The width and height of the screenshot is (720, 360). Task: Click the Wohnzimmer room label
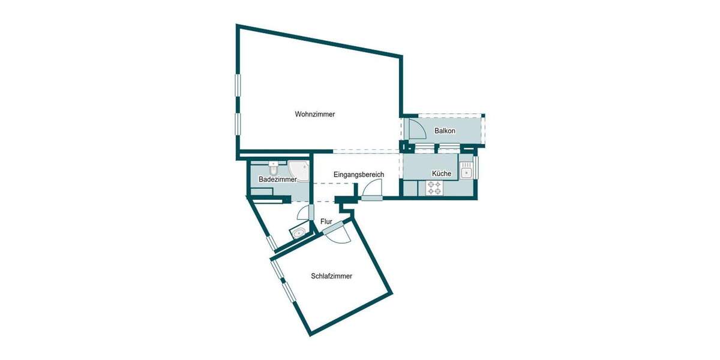[314, 114]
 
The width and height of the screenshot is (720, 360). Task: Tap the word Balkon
[445, 131]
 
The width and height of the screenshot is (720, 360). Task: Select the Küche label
[441, 173]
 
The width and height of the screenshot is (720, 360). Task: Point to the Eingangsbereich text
[359, 175]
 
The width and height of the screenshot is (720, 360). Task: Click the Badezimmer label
[278, 179]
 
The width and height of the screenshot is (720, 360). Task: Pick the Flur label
[326, 221]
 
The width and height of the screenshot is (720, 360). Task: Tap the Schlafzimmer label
[331, 277]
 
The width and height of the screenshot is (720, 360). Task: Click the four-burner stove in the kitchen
[434, 188]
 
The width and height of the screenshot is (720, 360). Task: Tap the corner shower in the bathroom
[299, 170]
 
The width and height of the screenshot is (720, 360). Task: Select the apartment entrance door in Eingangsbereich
[372, 191]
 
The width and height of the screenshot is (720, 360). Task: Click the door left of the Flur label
[305, 213]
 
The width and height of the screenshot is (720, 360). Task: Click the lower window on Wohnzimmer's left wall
[238, 127]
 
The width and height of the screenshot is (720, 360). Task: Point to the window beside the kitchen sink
[477, 168]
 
